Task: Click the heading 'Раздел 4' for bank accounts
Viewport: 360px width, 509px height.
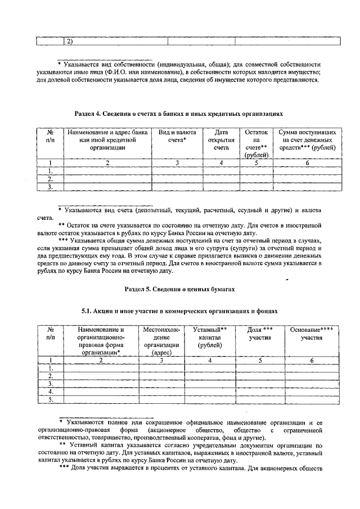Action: coord(178,114)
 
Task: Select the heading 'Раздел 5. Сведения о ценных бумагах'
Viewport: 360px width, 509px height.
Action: coord(178,288)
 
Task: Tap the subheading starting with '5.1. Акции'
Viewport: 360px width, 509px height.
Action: coord(178,310)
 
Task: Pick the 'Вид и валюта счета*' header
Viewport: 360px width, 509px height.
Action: coord(177,136)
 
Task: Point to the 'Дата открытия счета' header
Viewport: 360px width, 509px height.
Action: coord(221,139)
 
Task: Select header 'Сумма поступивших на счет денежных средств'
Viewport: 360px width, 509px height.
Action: coord(307,139)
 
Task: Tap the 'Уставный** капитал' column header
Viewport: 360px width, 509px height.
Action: coord(209,337)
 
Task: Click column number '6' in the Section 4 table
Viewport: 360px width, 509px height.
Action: coord(307,163)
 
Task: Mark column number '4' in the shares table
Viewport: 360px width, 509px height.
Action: coord(209,360)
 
